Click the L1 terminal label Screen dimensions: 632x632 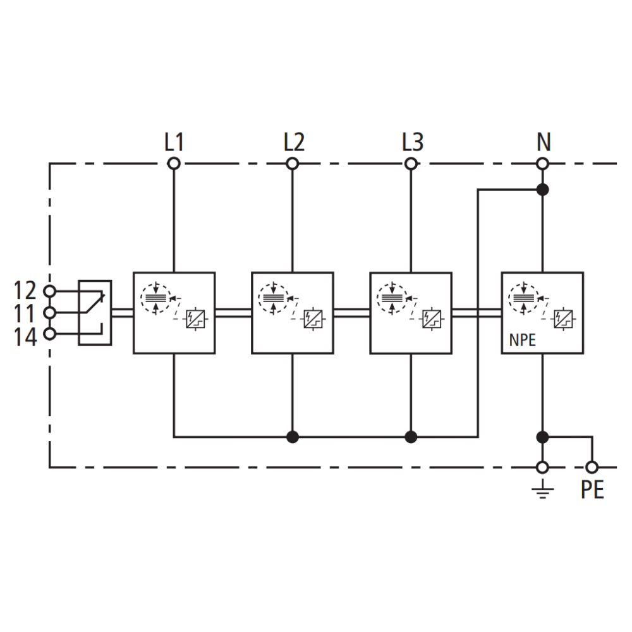point(174,143)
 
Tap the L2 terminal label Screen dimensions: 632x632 point(293,143)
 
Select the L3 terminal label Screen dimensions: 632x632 point(412,143)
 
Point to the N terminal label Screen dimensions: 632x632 point(543,143)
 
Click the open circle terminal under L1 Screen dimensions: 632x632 point(174,164)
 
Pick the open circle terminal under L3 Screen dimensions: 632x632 point(411,164)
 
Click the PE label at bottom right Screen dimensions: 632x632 point(592,490)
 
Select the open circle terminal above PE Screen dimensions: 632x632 point(592,468)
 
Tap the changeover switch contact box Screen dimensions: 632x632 point(95,313)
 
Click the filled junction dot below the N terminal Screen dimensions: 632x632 point(542,189)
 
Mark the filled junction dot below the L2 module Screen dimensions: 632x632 point(293,437)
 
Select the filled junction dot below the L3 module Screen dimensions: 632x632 point(411,437)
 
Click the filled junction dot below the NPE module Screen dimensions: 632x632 point(542,437)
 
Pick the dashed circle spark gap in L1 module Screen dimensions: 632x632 point(155,297)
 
